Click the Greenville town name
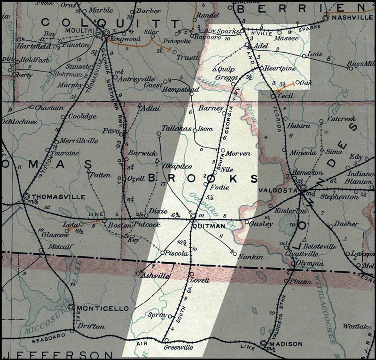(179, 348)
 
